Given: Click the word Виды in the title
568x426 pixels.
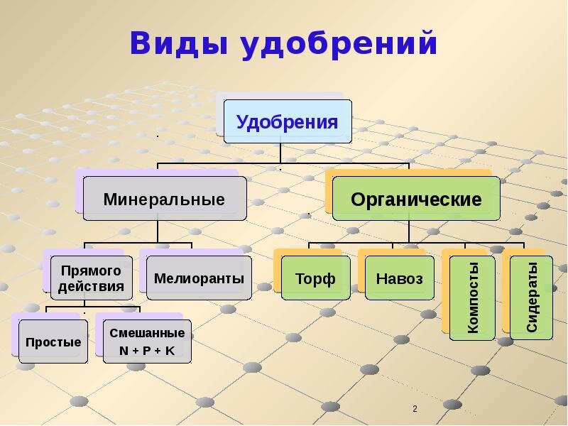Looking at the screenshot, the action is (177, 44).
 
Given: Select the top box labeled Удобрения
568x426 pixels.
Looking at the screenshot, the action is (288, 121).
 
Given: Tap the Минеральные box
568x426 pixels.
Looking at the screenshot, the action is (165, 199).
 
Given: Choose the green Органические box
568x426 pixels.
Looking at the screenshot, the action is (416, 199).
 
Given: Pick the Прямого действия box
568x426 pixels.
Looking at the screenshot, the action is (92, 278).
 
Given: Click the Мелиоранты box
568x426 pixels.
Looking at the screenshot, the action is (199, 278).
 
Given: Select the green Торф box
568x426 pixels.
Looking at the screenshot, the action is (316, 278).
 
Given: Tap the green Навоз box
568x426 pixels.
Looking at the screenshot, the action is (399, 278).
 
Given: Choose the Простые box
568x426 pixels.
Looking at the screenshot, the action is (53, 342).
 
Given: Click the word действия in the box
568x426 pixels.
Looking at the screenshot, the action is (92, 288).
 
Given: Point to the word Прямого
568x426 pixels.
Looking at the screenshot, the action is (92, 271).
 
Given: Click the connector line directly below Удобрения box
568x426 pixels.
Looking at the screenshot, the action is (281, 153).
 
